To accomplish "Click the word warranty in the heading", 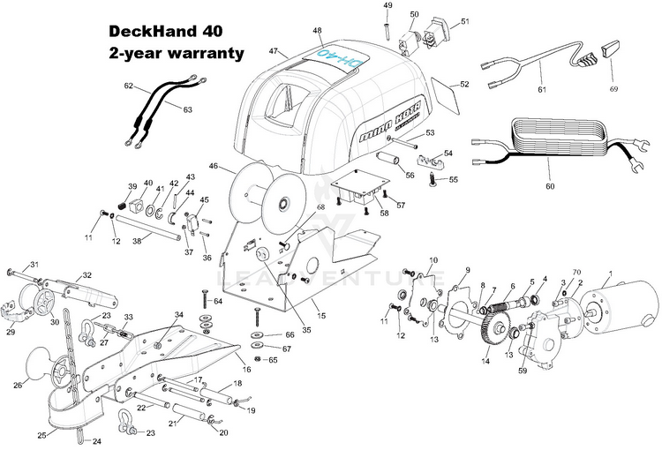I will [x=201, y=54].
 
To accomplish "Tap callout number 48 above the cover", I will [x=317, y=31].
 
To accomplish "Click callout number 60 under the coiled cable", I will [x=550, y=187].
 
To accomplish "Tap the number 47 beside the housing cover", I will [x=274, y=51].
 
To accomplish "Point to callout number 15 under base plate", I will [x=321, y=315].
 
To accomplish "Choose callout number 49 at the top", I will [x=387, y=6].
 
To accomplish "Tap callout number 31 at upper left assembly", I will [x=34, y=265].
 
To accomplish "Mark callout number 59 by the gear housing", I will [x=523, y=371].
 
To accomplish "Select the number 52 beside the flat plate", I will [x=464, y=85].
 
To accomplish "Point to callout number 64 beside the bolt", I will [x=218, y=302].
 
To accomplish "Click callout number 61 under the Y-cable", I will [x=541, y=89].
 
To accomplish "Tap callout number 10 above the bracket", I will [x=433, y=260].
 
